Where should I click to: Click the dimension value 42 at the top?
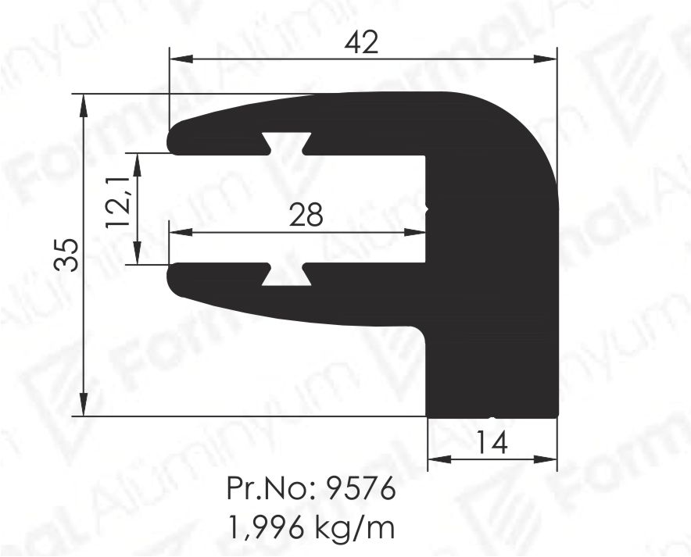tap(361, 43)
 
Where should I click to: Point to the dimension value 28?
tap(306, 214)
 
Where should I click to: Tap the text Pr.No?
tap(272, 488)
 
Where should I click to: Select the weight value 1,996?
tap(267, 527)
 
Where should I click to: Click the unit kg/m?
tap(355, 527)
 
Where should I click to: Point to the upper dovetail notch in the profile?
tap(286, 144)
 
